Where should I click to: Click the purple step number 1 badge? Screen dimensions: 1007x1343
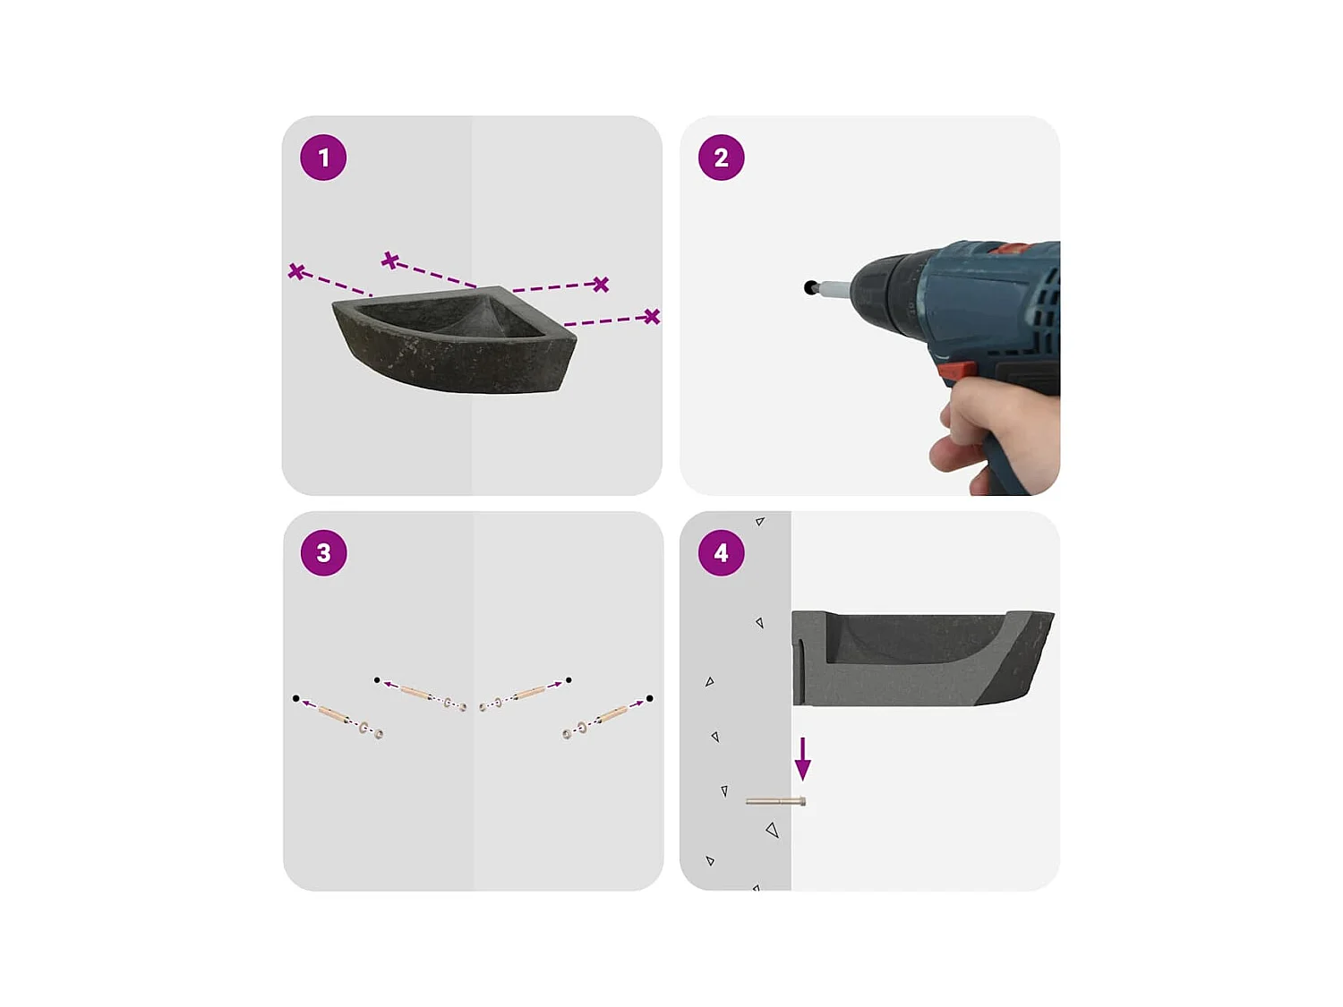[323, 158]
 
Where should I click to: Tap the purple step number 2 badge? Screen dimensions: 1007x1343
[721, 158]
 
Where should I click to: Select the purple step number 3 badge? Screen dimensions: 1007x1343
[323, 553]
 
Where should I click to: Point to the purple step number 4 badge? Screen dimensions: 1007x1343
[721, 553]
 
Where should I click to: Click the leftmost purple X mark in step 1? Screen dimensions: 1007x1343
[296, 270]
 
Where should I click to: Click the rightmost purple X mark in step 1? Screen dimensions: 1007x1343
[652, 316]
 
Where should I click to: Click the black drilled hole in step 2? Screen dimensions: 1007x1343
[810, 287]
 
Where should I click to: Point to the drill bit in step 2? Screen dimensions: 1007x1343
[834, 289]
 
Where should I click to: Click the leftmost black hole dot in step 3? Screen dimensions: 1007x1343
[295, 698]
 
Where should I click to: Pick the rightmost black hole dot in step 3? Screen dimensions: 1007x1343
[649, 698]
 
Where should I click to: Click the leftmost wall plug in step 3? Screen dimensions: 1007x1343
[334, 713]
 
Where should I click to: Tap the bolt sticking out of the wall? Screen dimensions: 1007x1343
[776, 802]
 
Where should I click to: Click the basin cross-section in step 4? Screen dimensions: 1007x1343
[922, 658]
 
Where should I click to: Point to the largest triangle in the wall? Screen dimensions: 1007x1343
[773, 831]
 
